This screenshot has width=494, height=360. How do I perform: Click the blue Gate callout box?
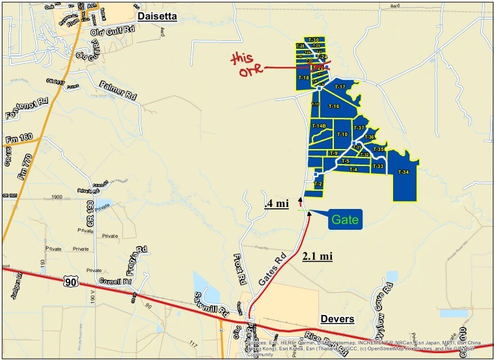[x=344, y=219]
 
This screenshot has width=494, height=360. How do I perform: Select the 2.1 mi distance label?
[x=318, y=256]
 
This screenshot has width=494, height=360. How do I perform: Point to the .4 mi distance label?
[x=277, y=203]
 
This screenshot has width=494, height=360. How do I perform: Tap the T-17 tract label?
[x=339, y=87]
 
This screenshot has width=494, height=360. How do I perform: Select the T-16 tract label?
[x=334, y=106]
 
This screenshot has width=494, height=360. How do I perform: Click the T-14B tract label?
[x=318, y=126]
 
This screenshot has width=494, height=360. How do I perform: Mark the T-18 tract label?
[x=303, y=77]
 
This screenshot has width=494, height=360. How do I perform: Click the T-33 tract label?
[x=378, y=167]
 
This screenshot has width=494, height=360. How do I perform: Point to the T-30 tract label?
[x=314, y=40]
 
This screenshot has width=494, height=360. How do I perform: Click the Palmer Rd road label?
[x=118, y=90]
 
